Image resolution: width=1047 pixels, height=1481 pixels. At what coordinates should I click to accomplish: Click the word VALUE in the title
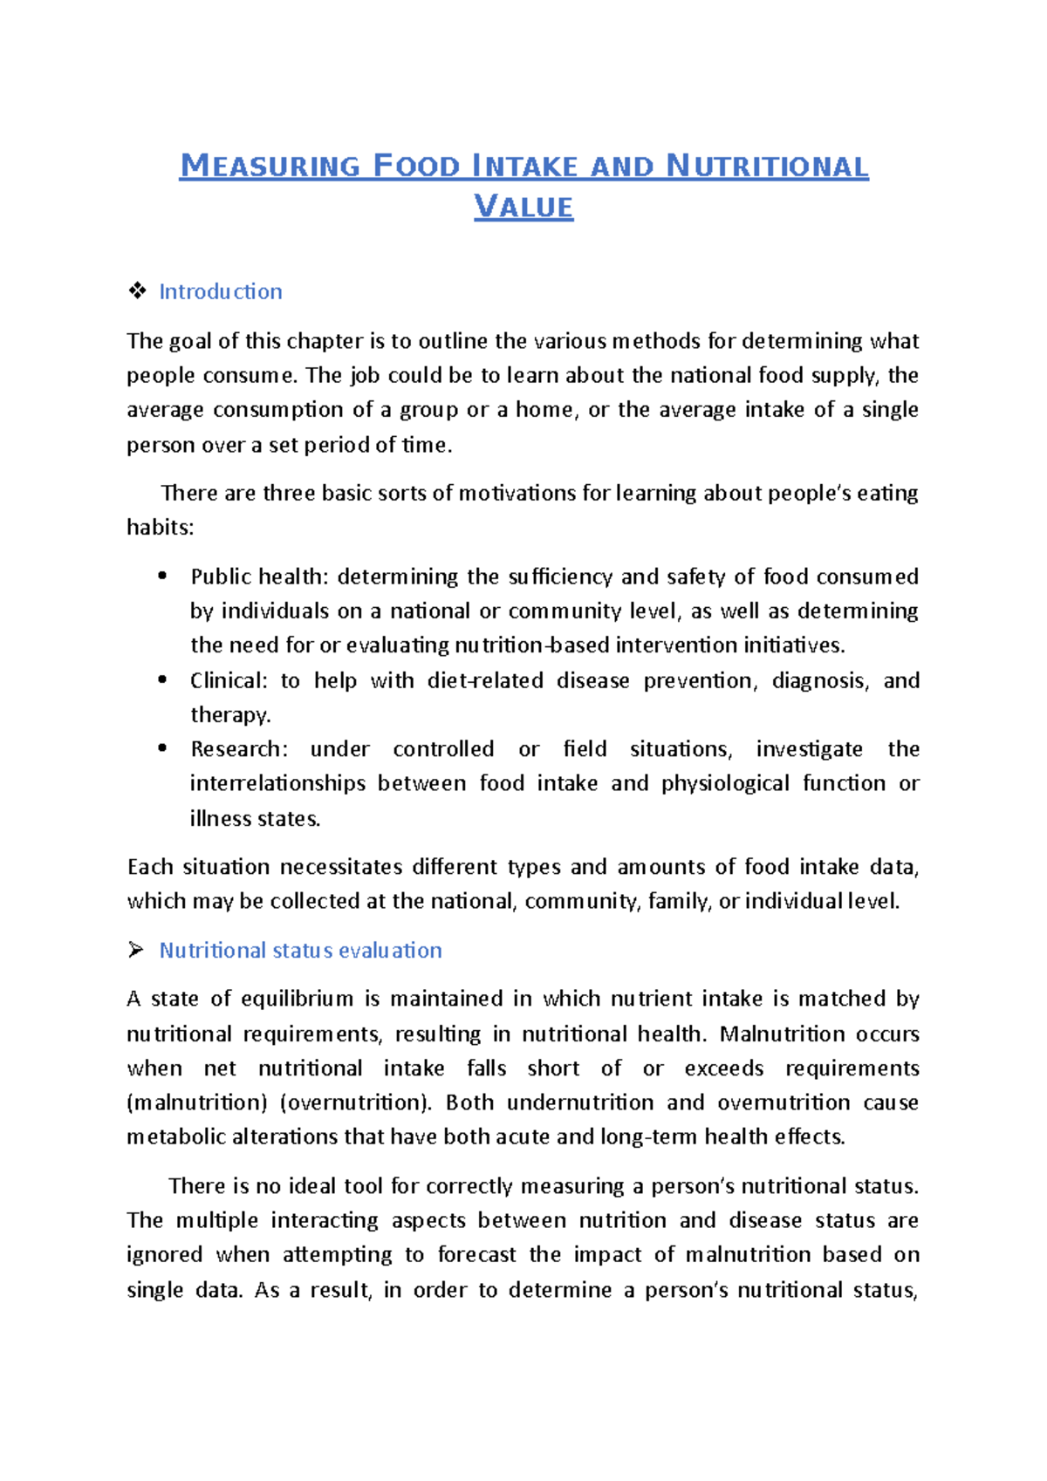(x=523, y=208)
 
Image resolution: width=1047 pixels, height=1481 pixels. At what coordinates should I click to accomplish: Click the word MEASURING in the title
(x=270, y=166)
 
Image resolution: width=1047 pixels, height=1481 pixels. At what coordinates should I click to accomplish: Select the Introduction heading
(x=220, y=291)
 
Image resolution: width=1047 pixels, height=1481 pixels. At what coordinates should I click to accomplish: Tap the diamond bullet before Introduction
(x=137, y=291)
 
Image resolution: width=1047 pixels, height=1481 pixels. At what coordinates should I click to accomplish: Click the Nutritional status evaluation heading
(x=300, y=950)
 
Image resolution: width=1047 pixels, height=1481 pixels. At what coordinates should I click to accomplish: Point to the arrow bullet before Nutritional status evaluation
(x=136, y=950)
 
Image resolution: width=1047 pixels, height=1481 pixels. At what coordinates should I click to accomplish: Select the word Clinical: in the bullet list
(x=229, y=680)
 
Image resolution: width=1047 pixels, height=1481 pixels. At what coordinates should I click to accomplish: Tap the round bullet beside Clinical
(x=162, y=679)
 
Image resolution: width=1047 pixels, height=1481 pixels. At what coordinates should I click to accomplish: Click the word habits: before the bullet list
(x=161, y=527)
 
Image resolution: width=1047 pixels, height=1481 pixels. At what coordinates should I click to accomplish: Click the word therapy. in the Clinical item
(x=230, y=714)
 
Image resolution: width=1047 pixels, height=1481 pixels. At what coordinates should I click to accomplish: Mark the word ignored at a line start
(x=164, y=1254)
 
